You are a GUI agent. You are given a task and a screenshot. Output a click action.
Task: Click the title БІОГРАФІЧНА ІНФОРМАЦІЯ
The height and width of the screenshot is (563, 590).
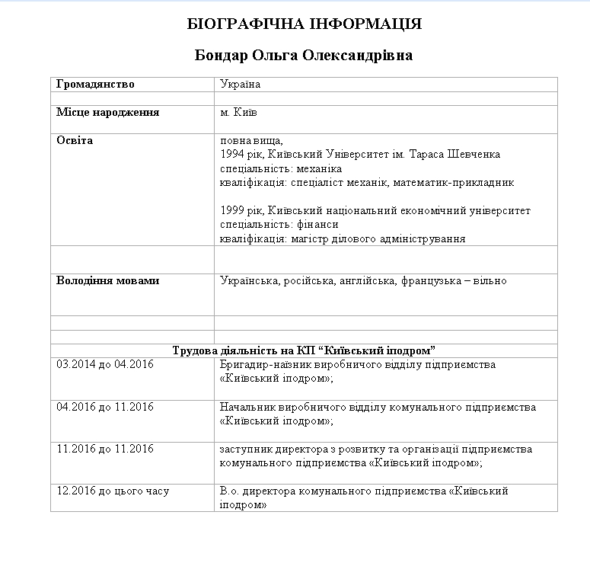[x=304, y=24]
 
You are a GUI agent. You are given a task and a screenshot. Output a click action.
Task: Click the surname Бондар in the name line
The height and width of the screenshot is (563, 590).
[x=222, y=56]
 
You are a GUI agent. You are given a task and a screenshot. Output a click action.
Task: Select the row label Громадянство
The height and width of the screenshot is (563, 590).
[x=95, y=85]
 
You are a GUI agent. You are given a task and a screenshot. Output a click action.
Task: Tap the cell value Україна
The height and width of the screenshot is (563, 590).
[x=240, y=85]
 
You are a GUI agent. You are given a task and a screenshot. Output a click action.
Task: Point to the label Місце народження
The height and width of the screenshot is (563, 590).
[x=107, y=112]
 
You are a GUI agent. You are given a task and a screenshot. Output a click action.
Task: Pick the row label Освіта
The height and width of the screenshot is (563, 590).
[x=75, y=140]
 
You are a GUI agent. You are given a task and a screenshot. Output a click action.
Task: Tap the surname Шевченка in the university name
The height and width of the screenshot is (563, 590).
[x=475, y=155]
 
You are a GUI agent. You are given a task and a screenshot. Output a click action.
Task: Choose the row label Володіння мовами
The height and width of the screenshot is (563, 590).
[x=108, y=281]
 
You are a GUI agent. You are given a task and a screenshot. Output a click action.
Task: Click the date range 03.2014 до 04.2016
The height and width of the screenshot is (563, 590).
[x=105, y=365]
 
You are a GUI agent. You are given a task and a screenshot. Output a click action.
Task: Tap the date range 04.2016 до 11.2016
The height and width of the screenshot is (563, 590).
[x=105, y=407]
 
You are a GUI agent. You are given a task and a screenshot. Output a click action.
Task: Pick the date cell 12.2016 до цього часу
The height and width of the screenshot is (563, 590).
[x=113, y=491]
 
